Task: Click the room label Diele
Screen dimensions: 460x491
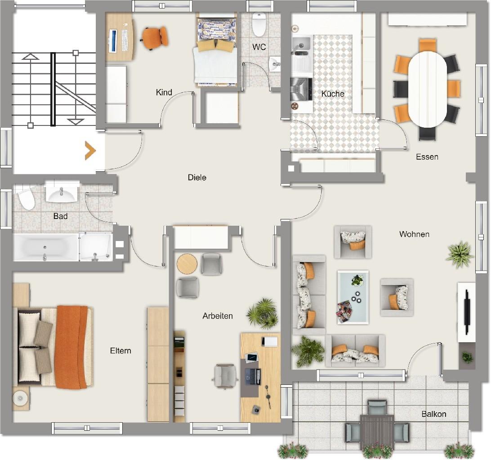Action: (x=197, y=178)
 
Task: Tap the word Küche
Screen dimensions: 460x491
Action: (x=333, y=94)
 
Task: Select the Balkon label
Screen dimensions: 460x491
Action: (x=433, y=414)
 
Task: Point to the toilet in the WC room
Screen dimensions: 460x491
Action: (x=259, y=25)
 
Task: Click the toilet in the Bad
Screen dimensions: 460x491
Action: (x=26, y=199)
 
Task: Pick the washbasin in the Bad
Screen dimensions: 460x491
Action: (x=62, y=194)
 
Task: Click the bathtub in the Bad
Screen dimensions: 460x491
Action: (x=45, y=247)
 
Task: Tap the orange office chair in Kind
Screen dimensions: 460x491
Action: (x=155, y=37)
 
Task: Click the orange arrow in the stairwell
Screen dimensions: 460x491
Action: (x=90, y=151)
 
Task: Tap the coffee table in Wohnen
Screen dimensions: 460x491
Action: (x=353, y=297)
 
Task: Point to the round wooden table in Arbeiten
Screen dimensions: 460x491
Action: (x=187, y=264)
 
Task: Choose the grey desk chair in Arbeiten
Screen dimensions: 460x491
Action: (x=224, y=375)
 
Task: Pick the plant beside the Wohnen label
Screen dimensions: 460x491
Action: (x=460, y=255)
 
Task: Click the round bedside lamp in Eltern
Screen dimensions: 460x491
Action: (x=20, y=398)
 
